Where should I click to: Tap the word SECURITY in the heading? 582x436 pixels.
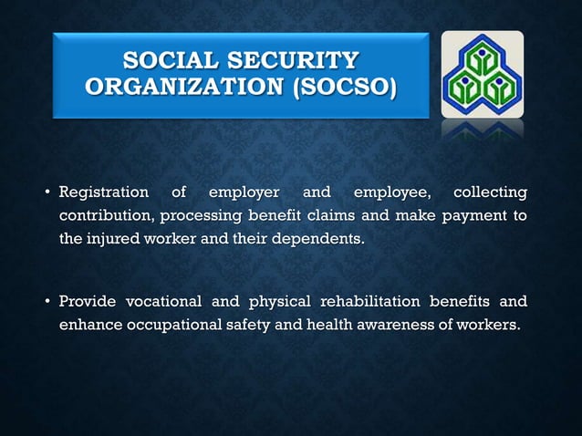(x=294, y=62)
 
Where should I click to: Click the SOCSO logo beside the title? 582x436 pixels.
(x=482, y=75)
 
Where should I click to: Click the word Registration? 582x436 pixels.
(x=103, y=192)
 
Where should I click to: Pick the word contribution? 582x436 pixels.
(x=106, y=216)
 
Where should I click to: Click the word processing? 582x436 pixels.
(x=201, y=216)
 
